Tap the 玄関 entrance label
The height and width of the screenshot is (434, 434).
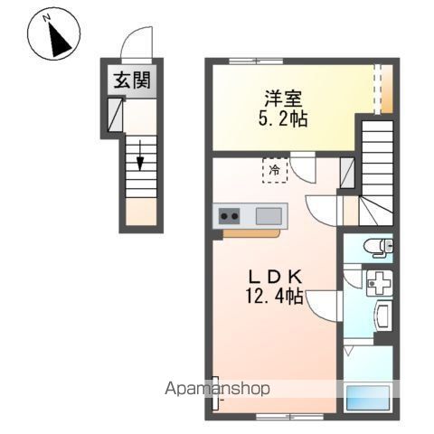click(x=132, y=80)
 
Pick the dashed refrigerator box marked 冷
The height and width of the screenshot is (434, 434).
click(x=273, y=168)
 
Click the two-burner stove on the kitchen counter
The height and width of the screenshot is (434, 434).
click(x=229, y=216)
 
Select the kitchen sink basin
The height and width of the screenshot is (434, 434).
click(x=269, y=216)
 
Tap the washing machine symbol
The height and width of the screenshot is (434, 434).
click(x=379, y=282)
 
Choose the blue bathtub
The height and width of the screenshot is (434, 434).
click(x=368, y=399)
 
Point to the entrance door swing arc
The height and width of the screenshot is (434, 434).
click(x=133, y=42)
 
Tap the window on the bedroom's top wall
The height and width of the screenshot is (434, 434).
click(x=255, y=61)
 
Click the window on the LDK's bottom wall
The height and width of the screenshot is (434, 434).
click(x=275, y=415)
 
